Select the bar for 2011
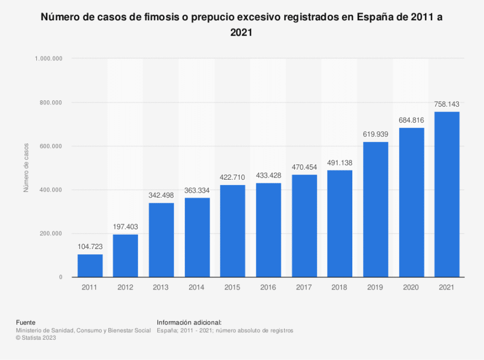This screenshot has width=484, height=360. coord(90,266)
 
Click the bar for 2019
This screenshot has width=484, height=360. coord(376,209)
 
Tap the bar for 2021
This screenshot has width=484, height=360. coord(447,194)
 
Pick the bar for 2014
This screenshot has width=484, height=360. coord(197,237)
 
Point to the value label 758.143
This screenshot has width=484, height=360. coord(447,105)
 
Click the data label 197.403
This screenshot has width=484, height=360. coord(125,227)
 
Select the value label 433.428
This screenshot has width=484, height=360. coord(269,175)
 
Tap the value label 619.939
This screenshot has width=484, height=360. coord(376,134)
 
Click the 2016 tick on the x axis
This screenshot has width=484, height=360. coord(268,287)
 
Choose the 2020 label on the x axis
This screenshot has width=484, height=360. coord(411,287)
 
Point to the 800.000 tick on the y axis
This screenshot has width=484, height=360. coord(51,102)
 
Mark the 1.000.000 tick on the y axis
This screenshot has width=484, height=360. coord(49,59)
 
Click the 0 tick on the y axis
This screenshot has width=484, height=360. coord(61,277)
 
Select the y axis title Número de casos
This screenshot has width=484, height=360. coord(26,167)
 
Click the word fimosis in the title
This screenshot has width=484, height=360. coord(162,17)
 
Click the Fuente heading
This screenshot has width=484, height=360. coord(26,323)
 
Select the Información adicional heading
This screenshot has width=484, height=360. coord(189,323)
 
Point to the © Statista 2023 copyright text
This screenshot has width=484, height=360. coord(36,338)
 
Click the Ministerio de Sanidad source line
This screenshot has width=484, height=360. coord(83,330)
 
